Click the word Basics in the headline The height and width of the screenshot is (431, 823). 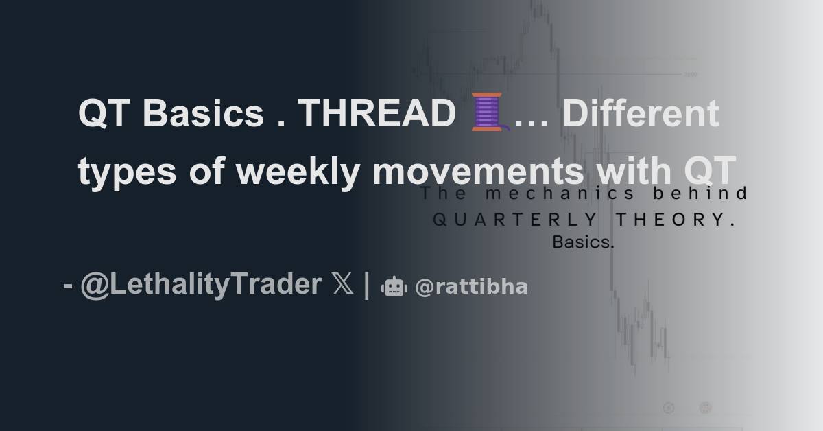204,115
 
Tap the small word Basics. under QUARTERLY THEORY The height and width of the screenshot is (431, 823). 583,242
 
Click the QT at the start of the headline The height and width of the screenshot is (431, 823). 103,115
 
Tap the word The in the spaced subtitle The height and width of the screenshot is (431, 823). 443,194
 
